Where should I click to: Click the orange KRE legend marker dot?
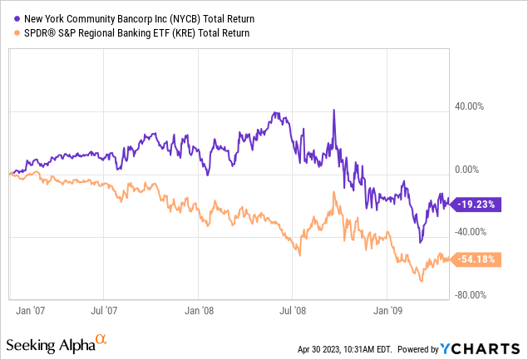click(13, 33)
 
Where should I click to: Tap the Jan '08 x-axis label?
click(198, 313)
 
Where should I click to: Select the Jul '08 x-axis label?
click(292, 313)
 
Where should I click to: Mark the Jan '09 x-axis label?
click(387, 313)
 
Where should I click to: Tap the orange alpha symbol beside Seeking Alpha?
click(101, 339)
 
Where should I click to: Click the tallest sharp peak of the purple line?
click(333, 110)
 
